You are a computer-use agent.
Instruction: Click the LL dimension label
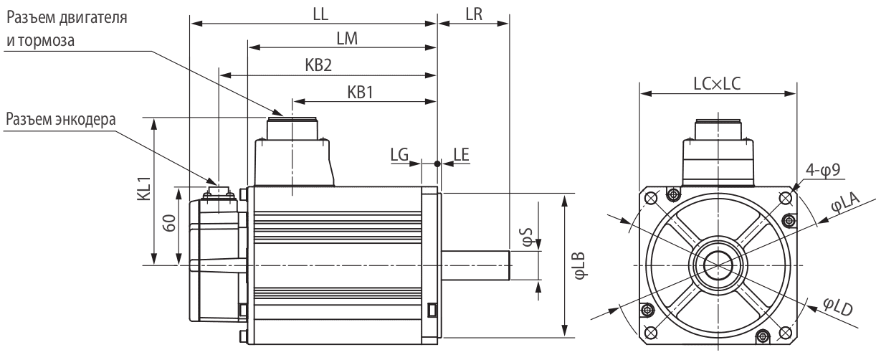(311, 13)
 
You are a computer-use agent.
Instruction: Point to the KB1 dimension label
(362, 91)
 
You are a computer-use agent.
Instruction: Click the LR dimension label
(473, 13)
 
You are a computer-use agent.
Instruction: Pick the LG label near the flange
(400, 154)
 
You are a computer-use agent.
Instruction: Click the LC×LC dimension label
(717, 82)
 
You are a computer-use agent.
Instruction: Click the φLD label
(835, 310)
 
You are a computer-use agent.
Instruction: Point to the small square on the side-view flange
(432, 310)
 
